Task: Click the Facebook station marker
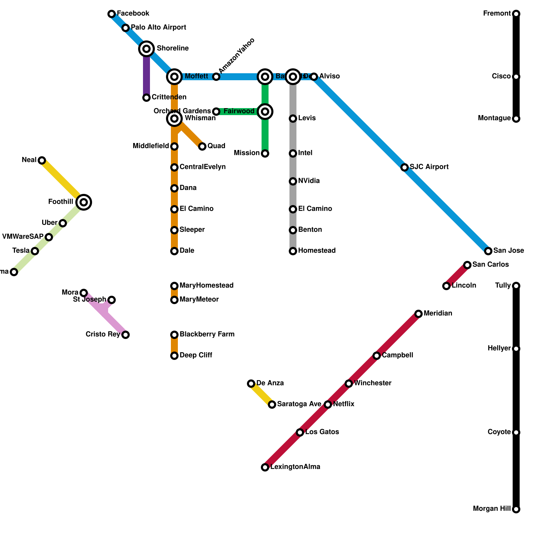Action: point(112,14)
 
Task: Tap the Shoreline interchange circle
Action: point(146,48)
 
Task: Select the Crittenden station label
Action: point(169,97)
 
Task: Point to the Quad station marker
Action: point(202,146)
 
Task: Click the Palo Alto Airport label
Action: point(158,27)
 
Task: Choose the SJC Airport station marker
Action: point(405,167)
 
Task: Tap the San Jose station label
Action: point(508,251)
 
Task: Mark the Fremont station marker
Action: point(516,14)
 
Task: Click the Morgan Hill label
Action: point(492,509)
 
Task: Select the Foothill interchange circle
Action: point(84,202)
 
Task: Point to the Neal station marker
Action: point(42,160)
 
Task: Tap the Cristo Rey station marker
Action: point(126,335)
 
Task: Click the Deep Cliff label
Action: point(196,355)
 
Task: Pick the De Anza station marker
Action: point(251,384)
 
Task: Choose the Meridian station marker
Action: point(418,314)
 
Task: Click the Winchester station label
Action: point(372,383)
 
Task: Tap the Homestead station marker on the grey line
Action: point(293,251)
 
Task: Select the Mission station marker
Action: point(265,153)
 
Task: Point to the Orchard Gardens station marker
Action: point(216,112)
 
